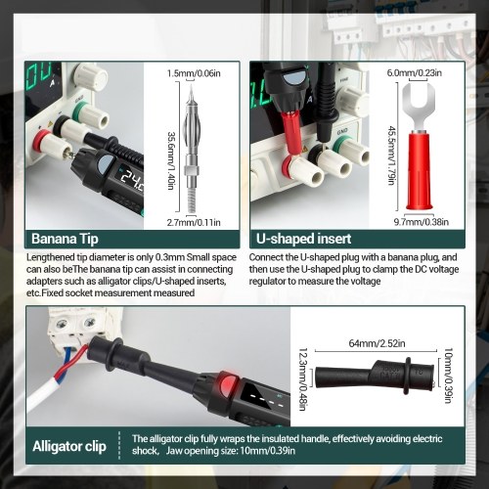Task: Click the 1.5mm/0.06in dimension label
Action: [x=194, y=73]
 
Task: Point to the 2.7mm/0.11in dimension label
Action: [x=194, y=222]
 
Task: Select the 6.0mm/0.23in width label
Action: [x=414, y=72]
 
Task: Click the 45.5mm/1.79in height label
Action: [x=392, y=156]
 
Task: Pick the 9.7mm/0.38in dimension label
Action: [x=422, y=222]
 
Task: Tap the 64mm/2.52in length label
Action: [x=377, y=343]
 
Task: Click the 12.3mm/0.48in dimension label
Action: [x=303, y=379]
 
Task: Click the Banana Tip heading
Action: [x=65, y=239]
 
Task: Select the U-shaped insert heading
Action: [x=303, y=239]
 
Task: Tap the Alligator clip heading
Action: [x=69, y=446]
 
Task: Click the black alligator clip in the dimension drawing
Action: [x=375, y=377]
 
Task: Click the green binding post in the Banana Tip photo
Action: [x=80, y=111]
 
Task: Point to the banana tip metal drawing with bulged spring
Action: [x=192, y=149]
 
